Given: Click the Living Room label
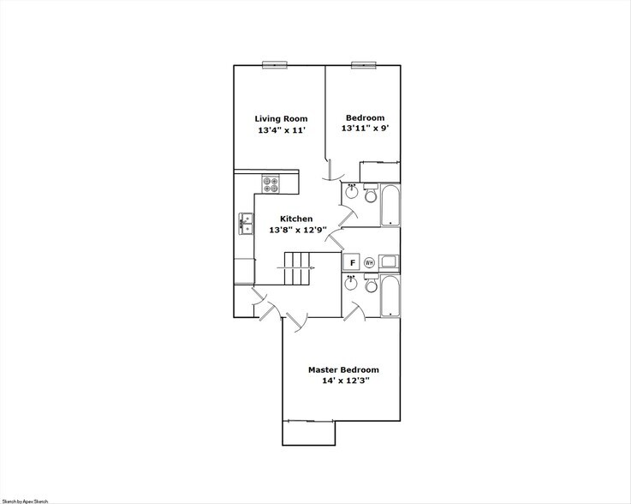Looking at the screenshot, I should [281, 118].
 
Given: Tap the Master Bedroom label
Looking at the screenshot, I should [343, 370].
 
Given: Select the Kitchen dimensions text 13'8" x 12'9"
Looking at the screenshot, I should [297, 230].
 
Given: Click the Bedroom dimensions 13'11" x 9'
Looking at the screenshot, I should [365, 129].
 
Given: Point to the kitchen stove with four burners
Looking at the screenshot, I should [271, 183].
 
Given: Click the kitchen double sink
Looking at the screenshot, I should [245, 225].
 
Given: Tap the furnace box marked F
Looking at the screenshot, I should [351, 262].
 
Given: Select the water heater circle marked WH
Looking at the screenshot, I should [370, 262].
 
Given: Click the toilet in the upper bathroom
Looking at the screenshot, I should [370, 195].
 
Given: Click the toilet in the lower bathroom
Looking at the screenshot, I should [370, 285].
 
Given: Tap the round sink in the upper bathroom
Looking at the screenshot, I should [351, 193].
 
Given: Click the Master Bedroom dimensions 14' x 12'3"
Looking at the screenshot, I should [343, 381].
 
